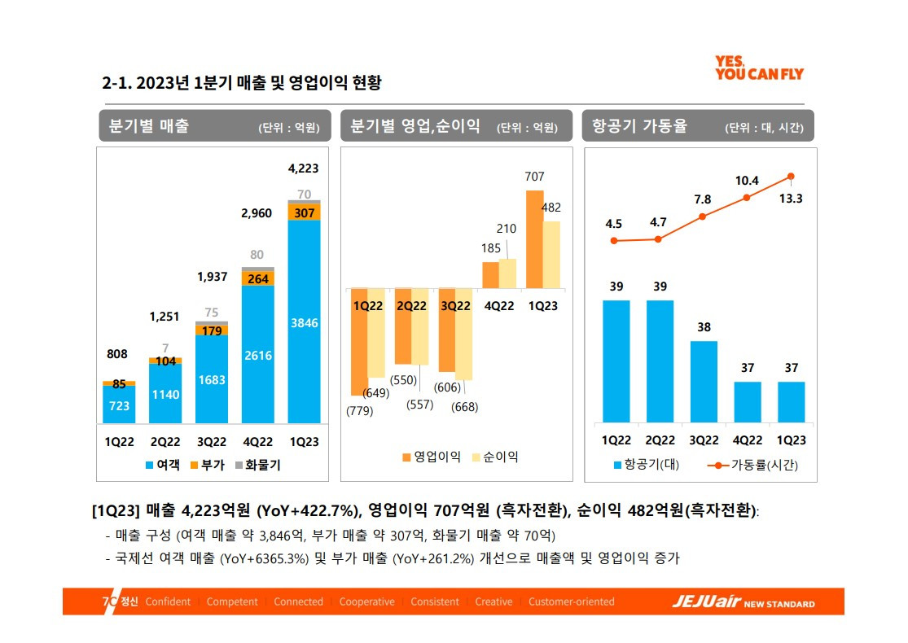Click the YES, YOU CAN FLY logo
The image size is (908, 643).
(x=758, y=68)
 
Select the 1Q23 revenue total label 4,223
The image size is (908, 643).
(x=304, y=168)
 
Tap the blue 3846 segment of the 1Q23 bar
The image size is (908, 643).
(x=304, y=322)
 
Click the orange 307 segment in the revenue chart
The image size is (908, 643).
(x=304, y=212)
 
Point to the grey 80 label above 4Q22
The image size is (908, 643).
(x=257, y=255)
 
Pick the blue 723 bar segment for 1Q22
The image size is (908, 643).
(x=119, y=405)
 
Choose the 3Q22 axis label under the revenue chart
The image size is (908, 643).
(x=212, y=442)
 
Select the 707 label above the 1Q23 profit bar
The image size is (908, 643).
(x=535, y=177)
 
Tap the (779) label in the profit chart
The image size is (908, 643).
(x=359, y=411)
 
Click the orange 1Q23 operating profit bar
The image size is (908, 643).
(x=534, y=239)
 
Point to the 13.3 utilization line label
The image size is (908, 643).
(x=791, y=198)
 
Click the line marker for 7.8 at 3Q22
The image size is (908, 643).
(x=703, y=217)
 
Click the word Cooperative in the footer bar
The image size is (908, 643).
(x=366, y=602)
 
